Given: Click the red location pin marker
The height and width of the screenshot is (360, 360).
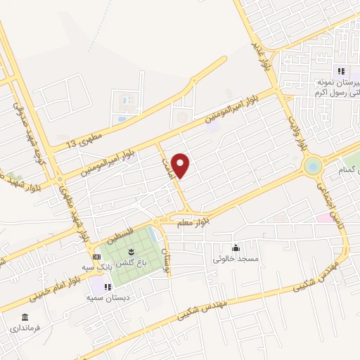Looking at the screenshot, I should point(181,165).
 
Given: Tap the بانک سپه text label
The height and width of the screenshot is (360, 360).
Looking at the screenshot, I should point(97,267).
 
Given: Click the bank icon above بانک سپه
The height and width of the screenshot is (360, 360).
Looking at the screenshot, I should point(97,257).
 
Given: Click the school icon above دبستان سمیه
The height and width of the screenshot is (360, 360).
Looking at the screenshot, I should point(108,287).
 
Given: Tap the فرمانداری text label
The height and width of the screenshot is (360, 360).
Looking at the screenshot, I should point(25,328).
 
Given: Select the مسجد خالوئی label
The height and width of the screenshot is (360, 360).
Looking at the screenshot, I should point(236,258).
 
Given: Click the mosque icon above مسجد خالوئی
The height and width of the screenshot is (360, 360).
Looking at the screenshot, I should point(236,247).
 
